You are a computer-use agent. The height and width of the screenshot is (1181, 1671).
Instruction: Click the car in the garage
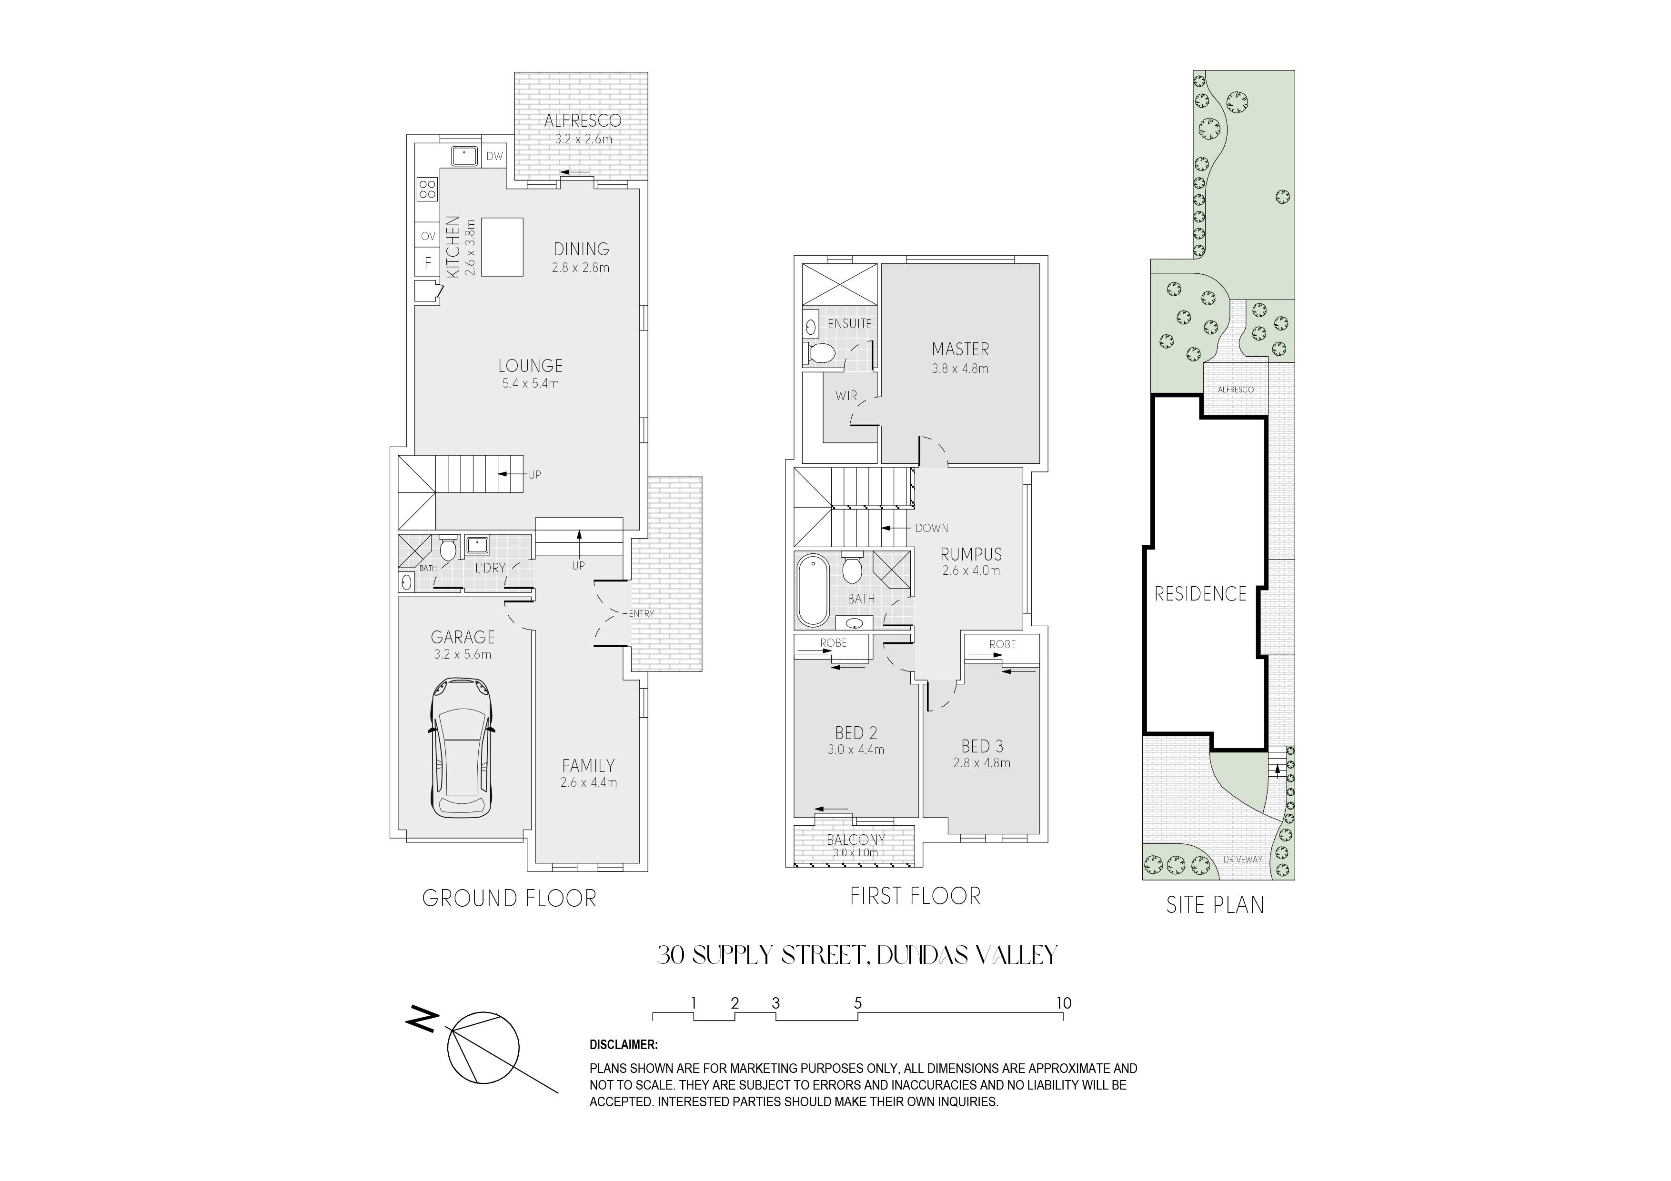[x=463, y=749]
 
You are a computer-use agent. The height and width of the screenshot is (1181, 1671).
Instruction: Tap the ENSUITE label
[x=849, y=324]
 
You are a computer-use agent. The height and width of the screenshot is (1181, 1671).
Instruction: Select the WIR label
[x=846, y=396]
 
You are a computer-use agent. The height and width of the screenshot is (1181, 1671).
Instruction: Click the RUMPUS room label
[x=971, y=554]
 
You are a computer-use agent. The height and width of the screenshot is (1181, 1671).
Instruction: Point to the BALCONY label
[x=856, y=840]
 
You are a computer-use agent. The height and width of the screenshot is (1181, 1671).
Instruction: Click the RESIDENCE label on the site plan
[x=1201, y=594]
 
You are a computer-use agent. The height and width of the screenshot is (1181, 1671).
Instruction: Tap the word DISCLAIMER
[x=624, y=1045]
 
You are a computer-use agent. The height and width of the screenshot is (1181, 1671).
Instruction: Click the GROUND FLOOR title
[x=510, y=899]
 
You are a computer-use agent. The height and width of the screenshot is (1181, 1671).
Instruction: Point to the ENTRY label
[x=641, y=613]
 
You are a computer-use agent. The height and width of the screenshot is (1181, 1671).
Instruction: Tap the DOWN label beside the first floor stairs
[x=932, y=528]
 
